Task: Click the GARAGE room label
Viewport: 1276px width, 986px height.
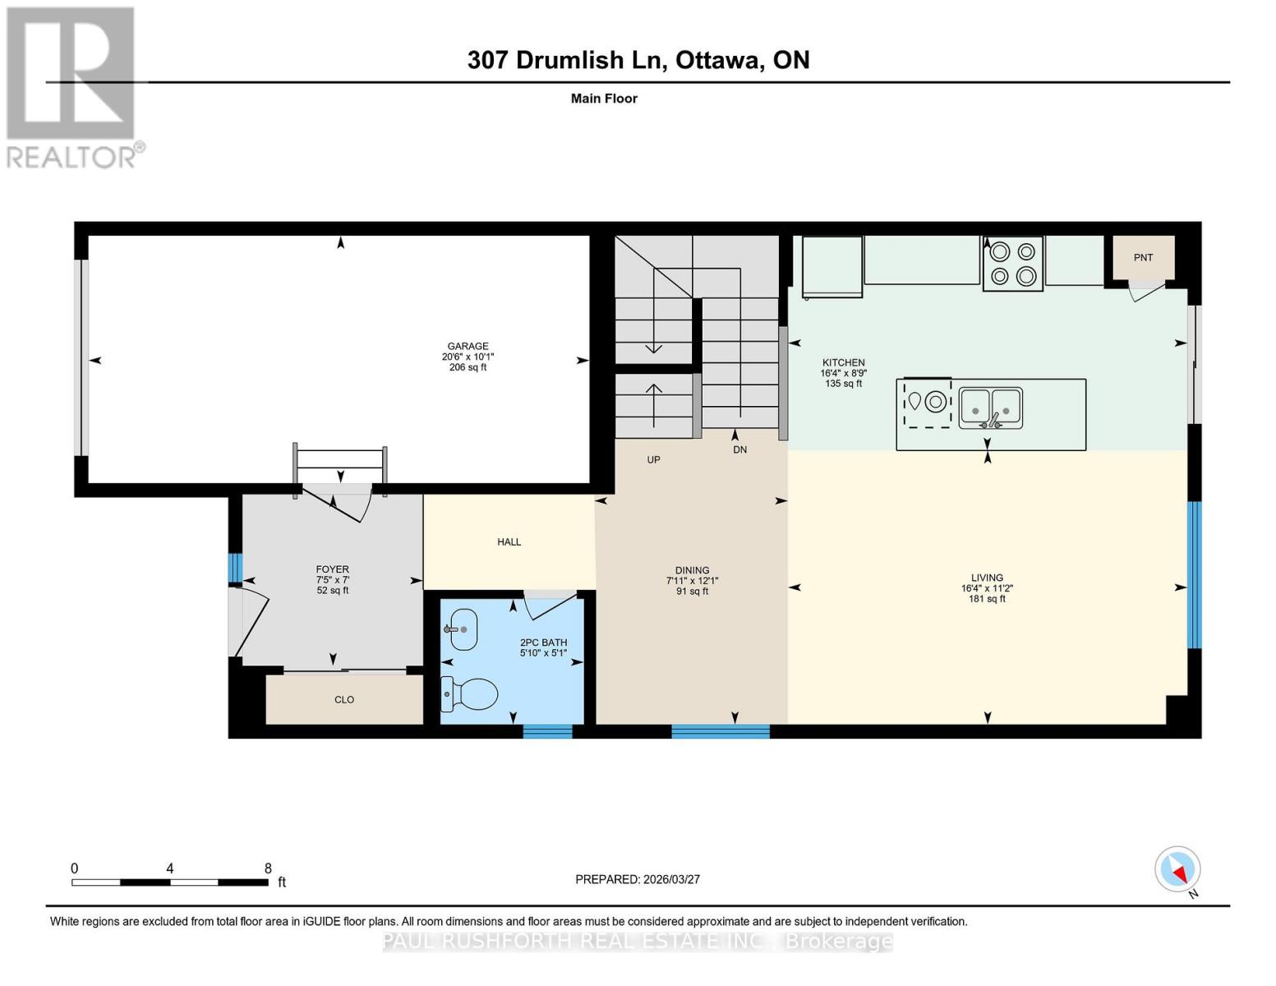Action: coord(468,346)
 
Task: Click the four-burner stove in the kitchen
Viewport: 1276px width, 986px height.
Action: coord(1012,264)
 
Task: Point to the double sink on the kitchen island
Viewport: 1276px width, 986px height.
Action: coord(991,408)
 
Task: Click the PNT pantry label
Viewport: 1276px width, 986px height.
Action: coord(1143,258)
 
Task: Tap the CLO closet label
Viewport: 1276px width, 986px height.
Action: coord(344,700)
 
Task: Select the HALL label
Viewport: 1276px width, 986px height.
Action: coord(509,542)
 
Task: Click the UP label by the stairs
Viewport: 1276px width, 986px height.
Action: coord(653,460)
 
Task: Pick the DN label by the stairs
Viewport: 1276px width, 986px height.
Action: coord(739,450)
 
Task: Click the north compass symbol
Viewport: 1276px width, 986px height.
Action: coord(1178,869)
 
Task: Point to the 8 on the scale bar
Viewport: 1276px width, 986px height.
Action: coord(268,869)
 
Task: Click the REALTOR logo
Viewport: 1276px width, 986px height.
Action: coord(71,86)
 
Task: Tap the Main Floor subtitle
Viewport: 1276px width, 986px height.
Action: coord(604,99)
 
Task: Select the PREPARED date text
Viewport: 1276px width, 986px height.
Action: coord(638,879)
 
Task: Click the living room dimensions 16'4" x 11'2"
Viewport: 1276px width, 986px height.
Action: coord(987,588)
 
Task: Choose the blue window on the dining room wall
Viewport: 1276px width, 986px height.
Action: coord(721,731)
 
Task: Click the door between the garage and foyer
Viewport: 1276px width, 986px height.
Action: coord(337,501)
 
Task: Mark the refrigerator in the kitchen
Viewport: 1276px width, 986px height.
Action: coord(831,265)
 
